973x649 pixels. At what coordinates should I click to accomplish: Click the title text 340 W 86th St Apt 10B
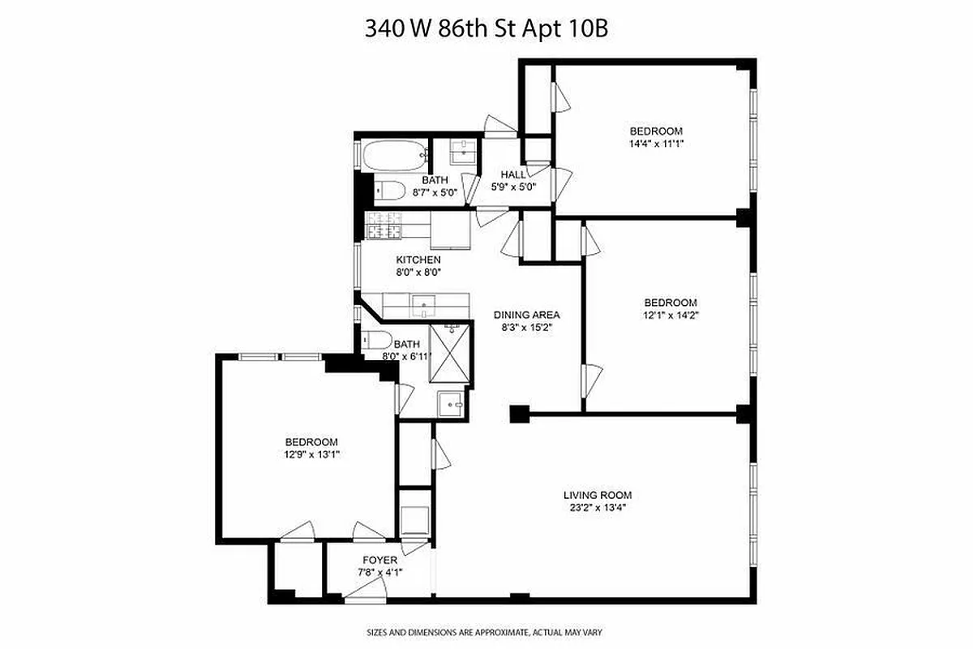(486, 30)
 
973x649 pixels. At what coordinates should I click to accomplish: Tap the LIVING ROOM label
(597, 495)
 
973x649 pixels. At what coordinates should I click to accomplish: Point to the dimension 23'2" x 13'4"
(597, 508)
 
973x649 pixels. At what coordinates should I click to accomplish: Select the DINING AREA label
(527, 315)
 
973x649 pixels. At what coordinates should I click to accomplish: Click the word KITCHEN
(418, 260)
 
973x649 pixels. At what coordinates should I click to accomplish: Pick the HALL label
(513, 174)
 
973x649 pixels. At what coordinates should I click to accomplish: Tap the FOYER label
(379, 561)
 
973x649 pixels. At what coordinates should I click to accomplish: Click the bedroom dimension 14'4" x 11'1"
(656, 144)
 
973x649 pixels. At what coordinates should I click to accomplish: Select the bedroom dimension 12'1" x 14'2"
(670, 316)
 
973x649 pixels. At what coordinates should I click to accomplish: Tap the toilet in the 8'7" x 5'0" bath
(389, 191)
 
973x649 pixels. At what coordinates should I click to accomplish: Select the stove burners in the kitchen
(385, 226)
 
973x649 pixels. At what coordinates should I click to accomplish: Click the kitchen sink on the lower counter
(424, 305)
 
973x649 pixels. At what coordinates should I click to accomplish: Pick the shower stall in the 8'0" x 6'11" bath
(449, 354)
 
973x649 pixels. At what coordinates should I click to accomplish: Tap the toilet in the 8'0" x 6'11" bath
(376, 339)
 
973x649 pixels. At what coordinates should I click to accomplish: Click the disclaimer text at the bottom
(485, 631)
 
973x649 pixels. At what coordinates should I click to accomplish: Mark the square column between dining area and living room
(517, 414)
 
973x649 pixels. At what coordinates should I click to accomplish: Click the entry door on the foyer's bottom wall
(358, 597)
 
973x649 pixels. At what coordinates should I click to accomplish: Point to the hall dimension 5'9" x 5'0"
(513, 187)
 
